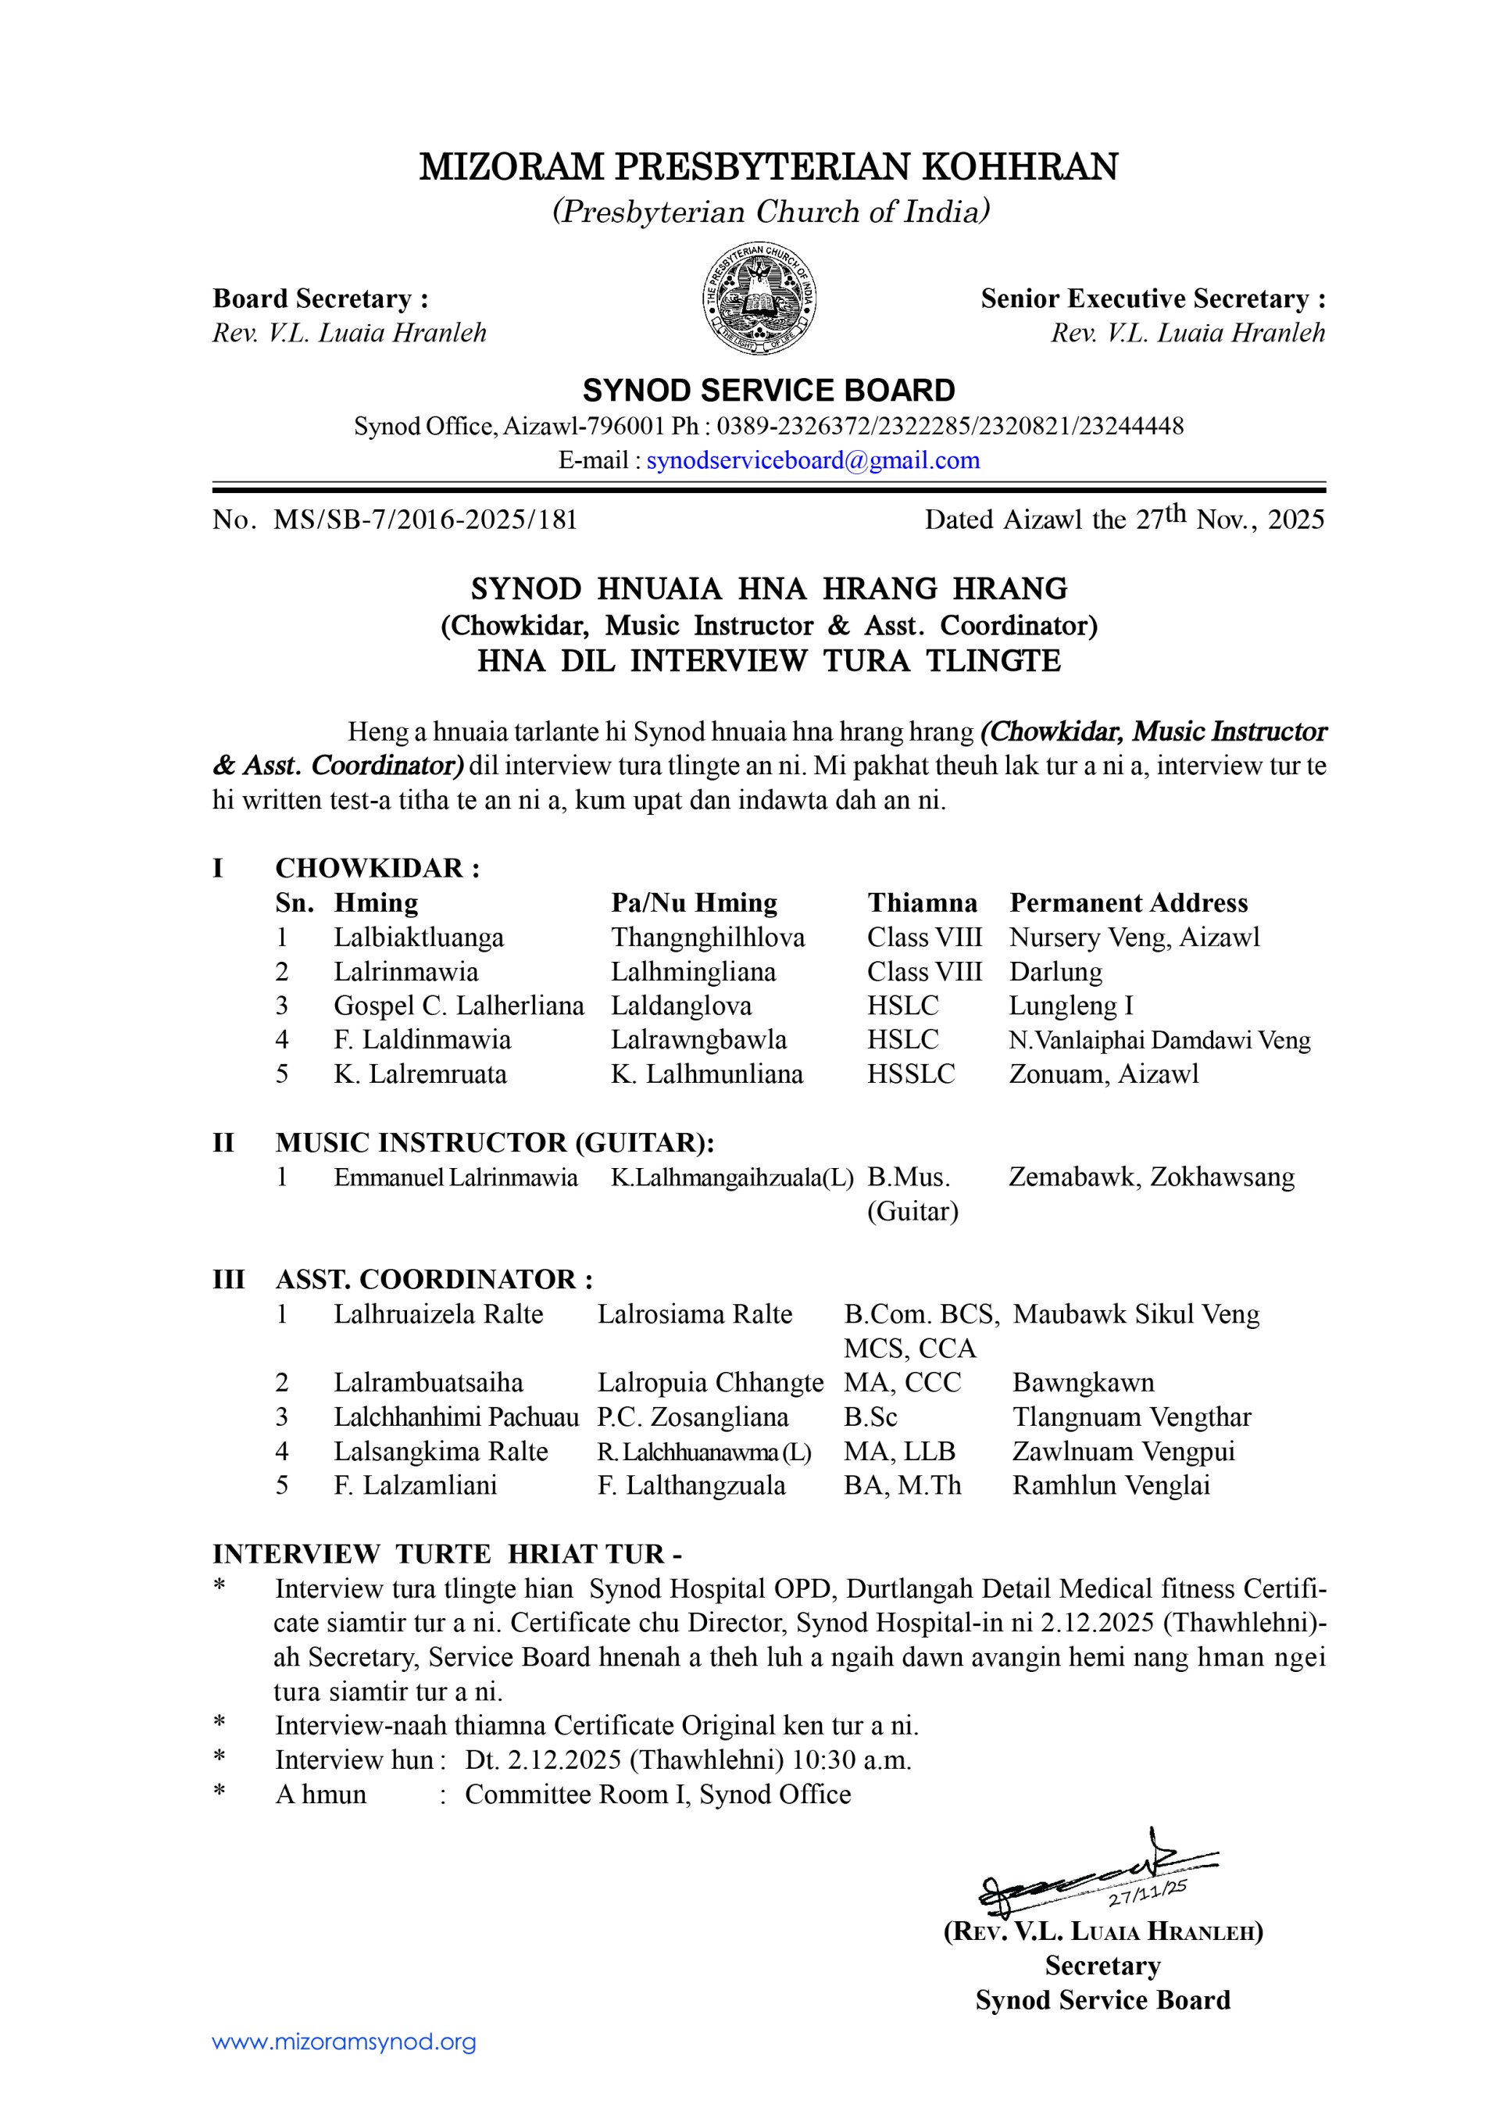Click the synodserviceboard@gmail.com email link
click(x=812, y=460)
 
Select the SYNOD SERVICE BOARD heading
click(x=768, y=390)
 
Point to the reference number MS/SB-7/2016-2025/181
click(x=425, y=520)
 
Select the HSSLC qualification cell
click(x=910, y=1074)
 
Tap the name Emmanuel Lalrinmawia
click(x=455, y=1177)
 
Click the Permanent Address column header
click(x=1128, y=903)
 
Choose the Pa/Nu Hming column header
click(x=694, y=903)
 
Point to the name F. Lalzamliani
click(x=415, y=1485)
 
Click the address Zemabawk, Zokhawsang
click(x=1152, y=1177)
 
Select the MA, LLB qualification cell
click(x=899, y=1451)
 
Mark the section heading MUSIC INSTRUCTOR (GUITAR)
click(x=495, y=1142)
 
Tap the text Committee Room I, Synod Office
click(x=657, y=1794)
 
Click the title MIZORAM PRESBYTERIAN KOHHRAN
click(x=768, y=166)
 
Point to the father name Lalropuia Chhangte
click(x=710, y=1383)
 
